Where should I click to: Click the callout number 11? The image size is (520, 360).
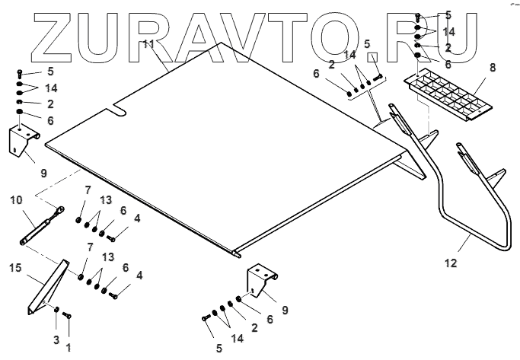[x=149, y=45]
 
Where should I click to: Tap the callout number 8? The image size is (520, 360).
[x=492, y=68]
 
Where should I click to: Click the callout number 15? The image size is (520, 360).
[x=14, y=267]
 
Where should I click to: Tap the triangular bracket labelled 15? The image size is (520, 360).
[x=46, y=285]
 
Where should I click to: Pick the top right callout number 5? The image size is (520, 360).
[x=448, y=14]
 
